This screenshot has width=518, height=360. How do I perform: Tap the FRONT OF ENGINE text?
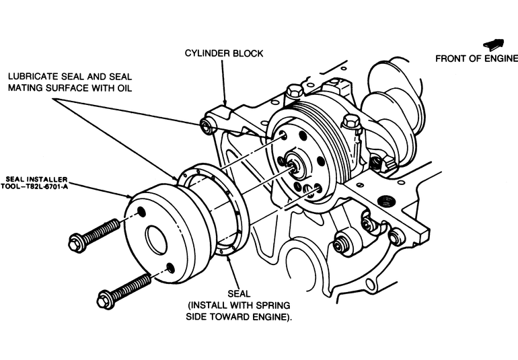pos(476,58)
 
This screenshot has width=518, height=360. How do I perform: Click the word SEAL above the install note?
pos(239,293)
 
